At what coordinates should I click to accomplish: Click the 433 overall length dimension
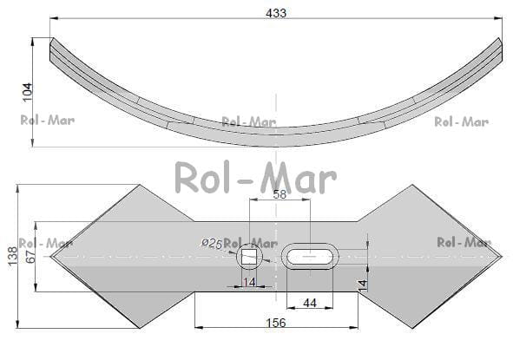276,13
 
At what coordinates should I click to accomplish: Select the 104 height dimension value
28,92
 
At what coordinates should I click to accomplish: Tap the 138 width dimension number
12,256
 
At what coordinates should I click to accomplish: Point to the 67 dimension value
30,257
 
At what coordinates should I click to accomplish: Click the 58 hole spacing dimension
280,194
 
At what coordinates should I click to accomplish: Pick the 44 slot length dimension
310,303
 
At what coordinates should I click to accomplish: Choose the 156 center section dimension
276,323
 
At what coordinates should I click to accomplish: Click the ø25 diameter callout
212,243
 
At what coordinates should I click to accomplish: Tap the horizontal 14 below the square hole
249,282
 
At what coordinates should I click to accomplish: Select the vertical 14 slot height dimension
362,285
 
